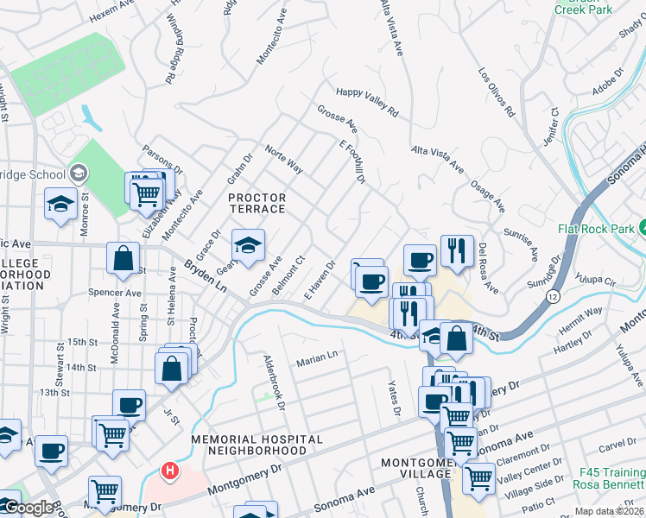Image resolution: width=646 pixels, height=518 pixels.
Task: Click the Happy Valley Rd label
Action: point(367,102)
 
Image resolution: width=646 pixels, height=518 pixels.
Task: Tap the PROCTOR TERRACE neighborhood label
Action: point(256,203)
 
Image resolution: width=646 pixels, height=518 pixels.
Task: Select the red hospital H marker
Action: point(170,472)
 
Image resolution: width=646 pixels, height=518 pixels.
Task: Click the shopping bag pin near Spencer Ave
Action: point(123,256)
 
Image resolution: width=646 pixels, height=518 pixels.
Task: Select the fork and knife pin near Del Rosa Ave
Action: point(457,250)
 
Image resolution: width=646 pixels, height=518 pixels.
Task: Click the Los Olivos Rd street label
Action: point(497,92)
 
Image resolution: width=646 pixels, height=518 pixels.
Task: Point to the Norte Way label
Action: point(283,159)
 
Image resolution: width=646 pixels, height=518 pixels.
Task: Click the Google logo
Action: point(28,507)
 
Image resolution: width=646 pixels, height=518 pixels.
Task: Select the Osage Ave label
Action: point(488,195)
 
